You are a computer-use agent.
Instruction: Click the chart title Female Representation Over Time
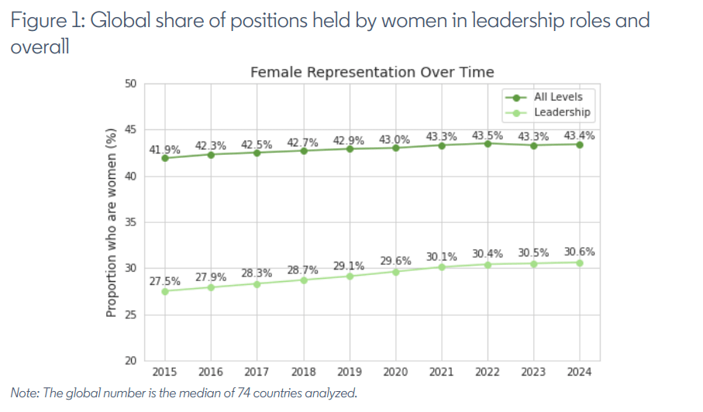pyautogui.click(x=372, y=72)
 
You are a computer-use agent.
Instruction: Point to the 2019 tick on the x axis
pyautogui.click(x=349, y=372)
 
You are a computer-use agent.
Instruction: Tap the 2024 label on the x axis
pyautogui.click(x=579, y=372)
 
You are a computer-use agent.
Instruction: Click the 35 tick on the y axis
pyautogui.click(x=129, y=223)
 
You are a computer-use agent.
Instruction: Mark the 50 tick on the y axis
pyautogui.click(x=129, y=84)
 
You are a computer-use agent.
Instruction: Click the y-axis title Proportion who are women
pyautogui.click(x=110, y=223)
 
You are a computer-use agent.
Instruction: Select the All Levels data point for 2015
pyautogui.click(x=165, y=158)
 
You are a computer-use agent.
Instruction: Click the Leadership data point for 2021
pyautogui.click(x=442, y=267)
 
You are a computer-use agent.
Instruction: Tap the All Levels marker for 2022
pyautogui.click(x=488, y=143)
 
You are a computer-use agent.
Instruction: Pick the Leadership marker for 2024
pyautogui.click(x=579, y=263)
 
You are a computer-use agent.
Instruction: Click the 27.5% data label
pyautogui.click(x=164, y=281)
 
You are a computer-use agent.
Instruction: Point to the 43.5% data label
pyautogui.click(x=488, y=135)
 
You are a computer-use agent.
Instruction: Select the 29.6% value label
pyautogui.click(x=395, y=262)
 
